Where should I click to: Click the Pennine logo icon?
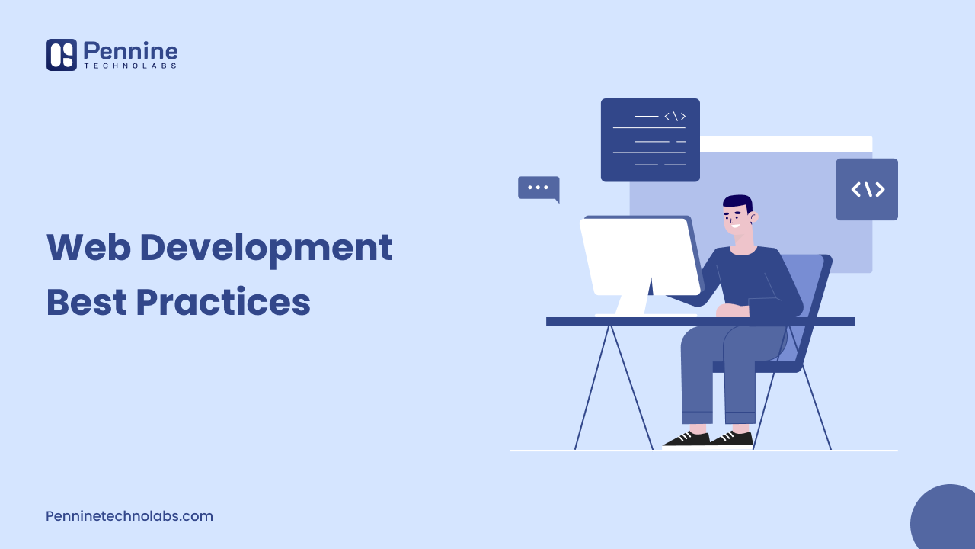click(x=61, y=55)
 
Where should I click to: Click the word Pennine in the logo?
click(x=130, y=51)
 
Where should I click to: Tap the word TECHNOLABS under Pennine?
click(x=130, y=67)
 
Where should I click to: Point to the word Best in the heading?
click(x=85, y=303)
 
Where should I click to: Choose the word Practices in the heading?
click(x=223, y=303)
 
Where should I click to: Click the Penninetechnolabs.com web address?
click(x=129, y=516)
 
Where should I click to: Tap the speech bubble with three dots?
click(x=538, y=188)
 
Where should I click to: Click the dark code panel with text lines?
click(x=650, y=140)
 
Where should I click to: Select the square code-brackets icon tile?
click(x=867, y=189)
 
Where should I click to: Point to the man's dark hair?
click(x=737, y=202)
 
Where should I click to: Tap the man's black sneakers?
click(x=708, y=438)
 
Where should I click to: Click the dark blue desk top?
click(x=700, y=322)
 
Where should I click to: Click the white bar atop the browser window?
click(x=785, y=144)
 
